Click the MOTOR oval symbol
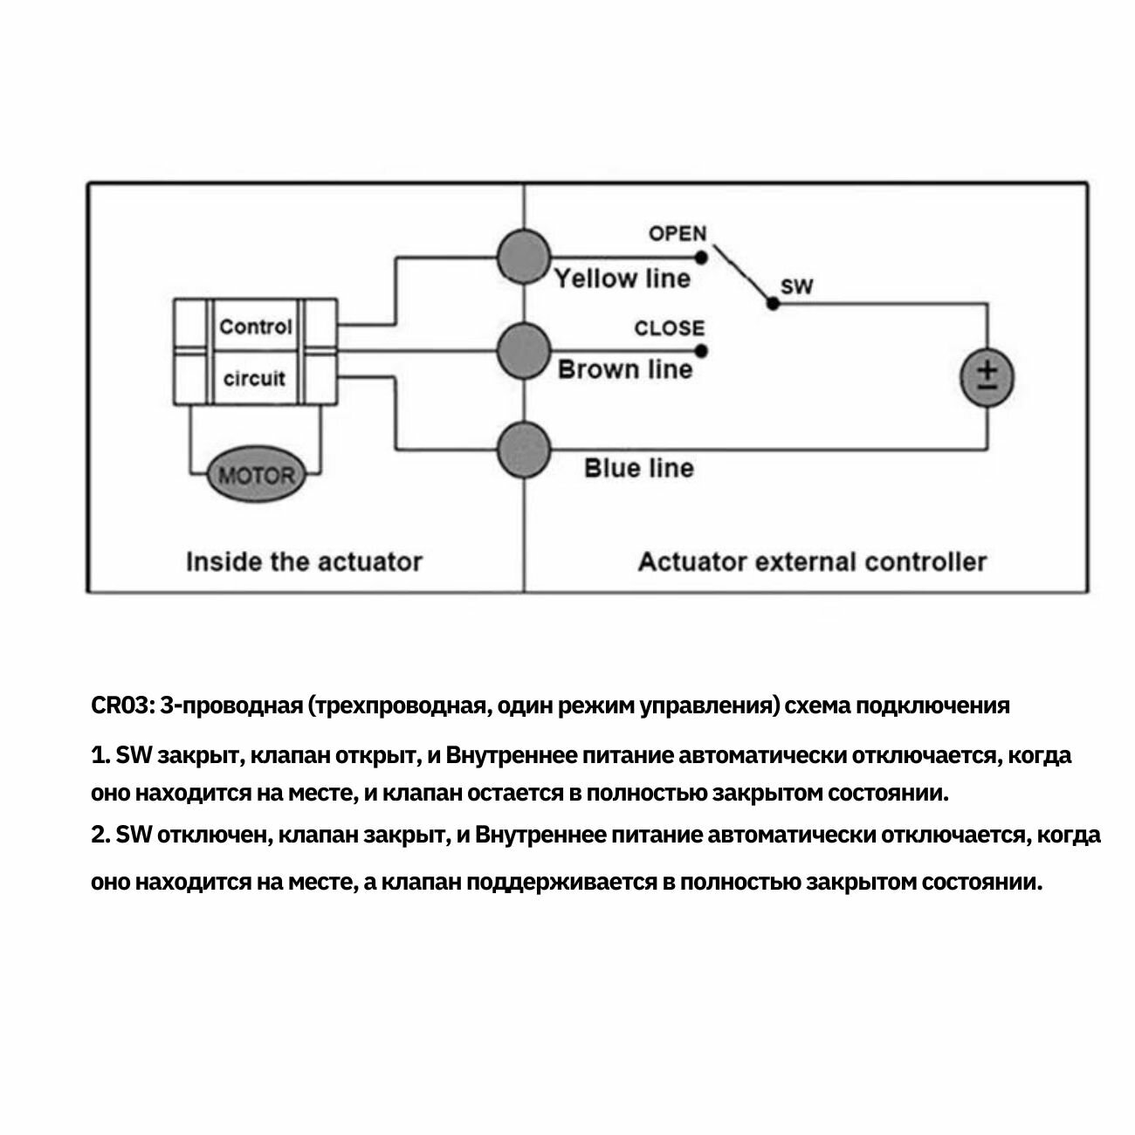255,476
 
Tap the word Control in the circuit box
255,327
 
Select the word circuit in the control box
254,378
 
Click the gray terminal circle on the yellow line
524,257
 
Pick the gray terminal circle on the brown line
524,351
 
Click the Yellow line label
623,279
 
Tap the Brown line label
625,369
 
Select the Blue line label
639,469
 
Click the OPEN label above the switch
678,233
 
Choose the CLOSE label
670,328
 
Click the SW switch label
796,287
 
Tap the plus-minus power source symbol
987,378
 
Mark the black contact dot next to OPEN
701,258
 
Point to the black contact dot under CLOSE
702,352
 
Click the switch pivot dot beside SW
772,304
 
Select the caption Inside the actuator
304,561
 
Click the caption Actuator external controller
812,561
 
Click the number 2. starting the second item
100,836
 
